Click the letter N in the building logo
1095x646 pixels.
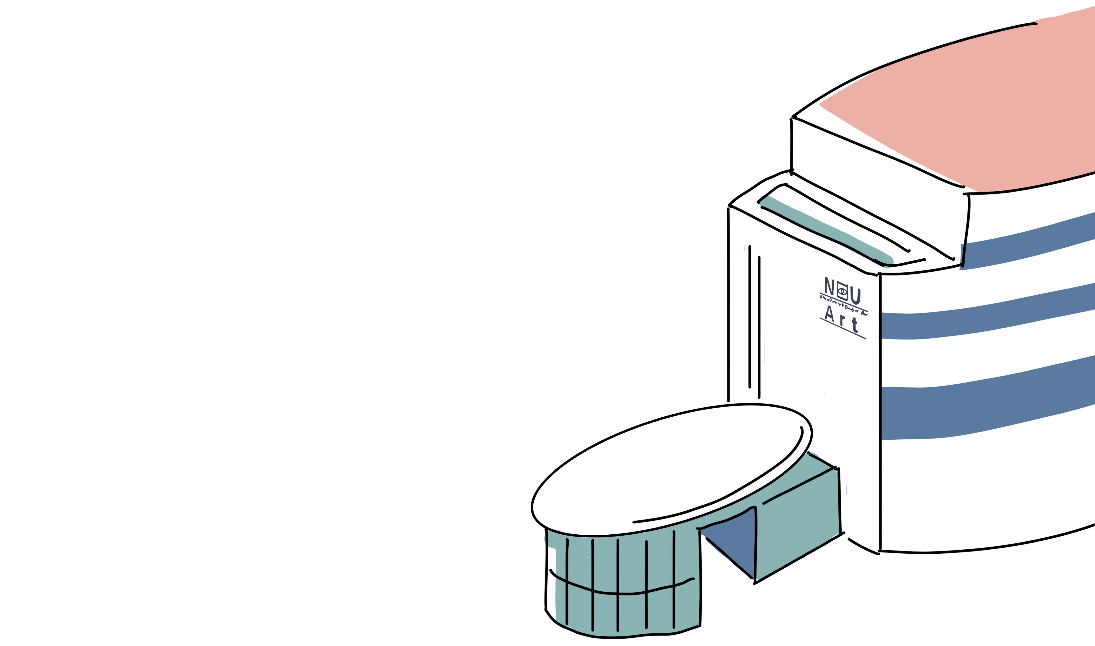[x=829, y=286]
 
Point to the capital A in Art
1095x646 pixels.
[x=830, y=313]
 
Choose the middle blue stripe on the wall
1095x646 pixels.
[x=980, y=320]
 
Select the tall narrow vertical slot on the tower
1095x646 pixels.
[x=754, y=322]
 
